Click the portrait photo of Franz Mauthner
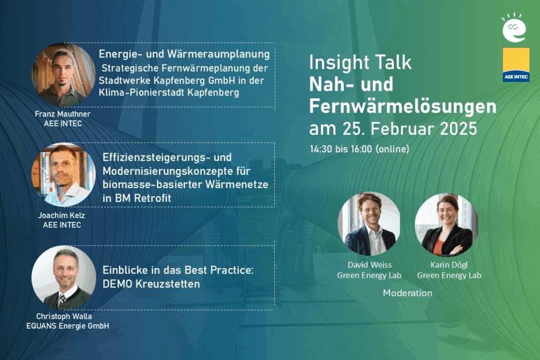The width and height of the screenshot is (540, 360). pos(63,75)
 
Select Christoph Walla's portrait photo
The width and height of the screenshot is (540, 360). pos(63,277)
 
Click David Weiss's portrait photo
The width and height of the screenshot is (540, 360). pos(369,223)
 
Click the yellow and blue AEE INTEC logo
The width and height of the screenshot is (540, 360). pos(516,65)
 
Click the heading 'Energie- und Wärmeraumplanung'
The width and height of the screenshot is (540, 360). pos(185,54)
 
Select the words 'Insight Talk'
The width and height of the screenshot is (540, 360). pos(360,62)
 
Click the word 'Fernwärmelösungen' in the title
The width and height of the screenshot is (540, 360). pos(402,106)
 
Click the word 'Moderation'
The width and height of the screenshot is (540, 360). pos(407,293)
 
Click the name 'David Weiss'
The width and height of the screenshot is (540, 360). pos(369,265)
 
